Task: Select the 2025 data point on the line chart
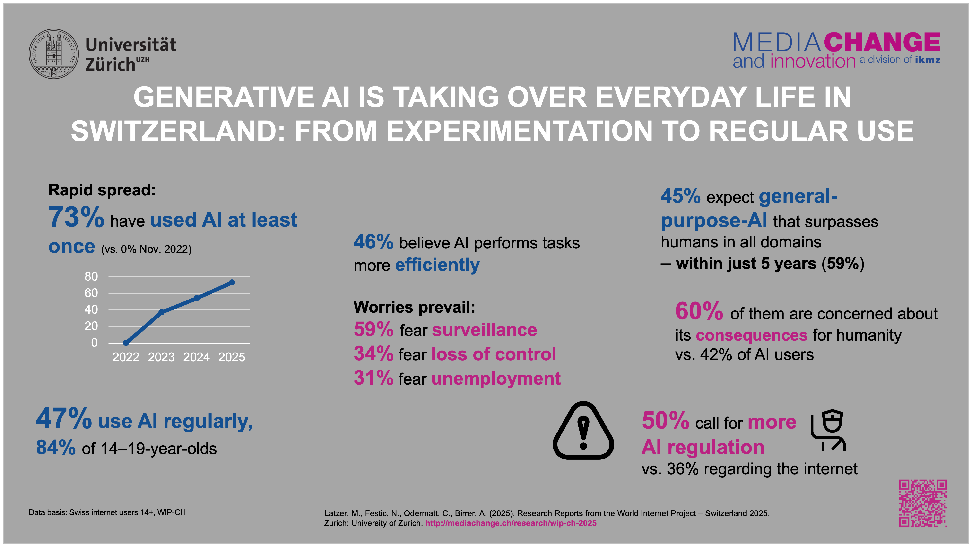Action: (x=232, y=282)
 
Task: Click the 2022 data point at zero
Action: (x=126, y=343)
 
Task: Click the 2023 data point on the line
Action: (x=161, y=312)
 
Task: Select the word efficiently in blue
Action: (x=437, y=265)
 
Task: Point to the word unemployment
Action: (x=496, y=379)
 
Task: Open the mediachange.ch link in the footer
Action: (x=511, y=523)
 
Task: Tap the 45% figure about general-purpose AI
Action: (x=680, y=196)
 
